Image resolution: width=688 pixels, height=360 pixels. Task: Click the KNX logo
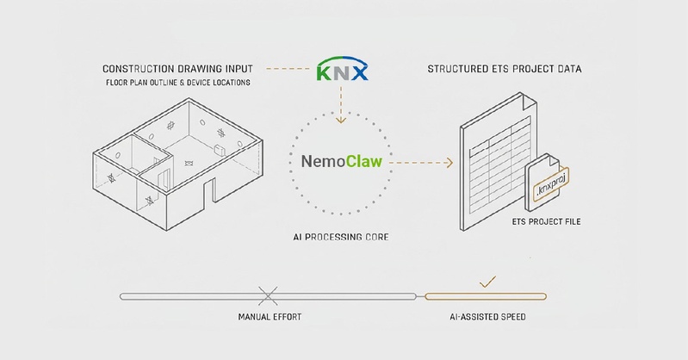(x=342, y=69)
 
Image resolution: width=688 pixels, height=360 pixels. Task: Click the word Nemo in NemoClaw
(x=324, y=162)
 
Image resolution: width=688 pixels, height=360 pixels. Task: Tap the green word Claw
(x=364, y=162)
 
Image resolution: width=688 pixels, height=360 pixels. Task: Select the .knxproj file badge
(x=551, y=184)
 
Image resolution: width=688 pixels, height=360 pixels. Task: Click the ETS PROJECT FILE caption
(x=546, y=221)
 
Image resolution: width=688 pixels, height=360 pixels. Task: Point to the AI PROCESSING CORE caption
(x=341, y=237)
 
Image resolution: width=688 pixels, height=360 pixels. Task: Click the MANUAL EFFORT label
(x=270, y=317)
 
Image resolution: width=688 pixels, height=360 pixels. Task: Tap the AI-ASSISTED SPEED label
(x=487, y=317)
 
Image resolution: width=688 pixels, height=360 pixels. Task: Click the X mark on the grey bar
(x=268, y=296)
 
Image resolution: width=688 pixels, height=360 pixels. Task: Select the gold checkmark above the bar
(x=487, y=282)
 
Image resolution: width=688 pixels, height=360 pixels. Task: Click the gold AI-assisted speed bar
(x=486, y=297)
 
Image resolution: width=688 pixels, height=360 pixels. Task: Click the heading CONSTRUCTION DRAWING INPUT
(x=177, y=69)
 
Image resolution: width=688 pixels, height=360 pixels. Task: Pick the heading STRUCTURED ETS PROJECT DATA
(x=505, y=69)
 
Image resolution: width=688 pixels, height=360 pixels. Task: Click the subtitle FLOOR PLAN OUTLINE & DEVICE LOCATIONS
(x=178, y=83)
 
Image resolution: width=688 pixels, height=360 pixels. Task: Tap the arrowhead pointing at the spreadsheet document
(x=449, y=163)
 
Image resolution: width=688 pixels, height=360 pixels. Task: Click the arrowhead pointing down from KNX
(x=340, y=120)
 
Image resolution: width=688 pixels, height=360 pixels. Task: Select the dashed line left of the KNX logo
(x=288, y=69)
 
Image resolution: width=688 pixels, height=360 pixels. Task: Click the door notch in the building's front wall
(x=209, y=192)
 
